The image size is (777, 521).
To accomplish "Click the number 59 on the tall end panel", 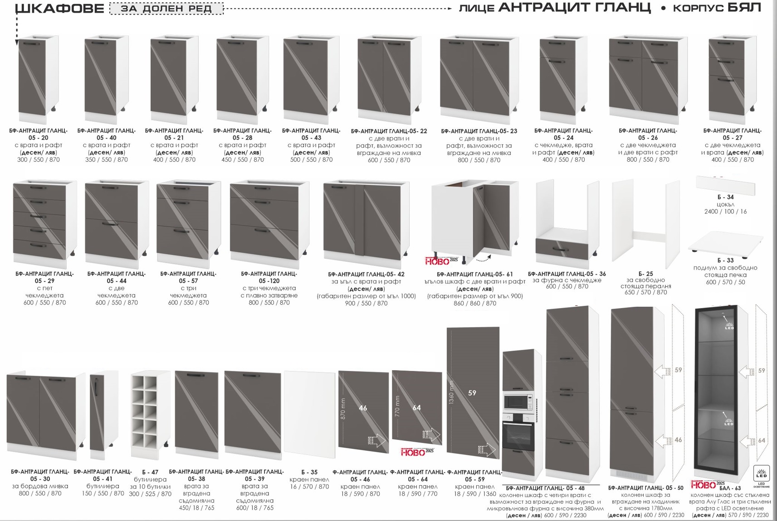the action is tap(472, 393).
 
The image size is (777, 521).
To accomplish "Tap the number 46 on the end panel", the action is tap(363, 408).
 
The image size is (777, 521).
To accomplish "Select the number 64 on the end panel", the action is tap(416, 408).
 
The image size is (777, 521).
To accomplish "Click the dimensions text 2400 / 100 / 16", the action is tap(725, 211).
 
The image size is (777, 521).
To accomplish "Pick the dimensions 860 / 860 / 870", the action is tap(475, 304).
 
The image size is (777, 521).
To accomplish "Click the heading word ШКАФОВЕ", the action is tap(60, 8).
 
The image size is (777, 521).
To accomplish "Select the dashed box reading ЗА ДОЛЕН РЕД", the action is tap(166, 8).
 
